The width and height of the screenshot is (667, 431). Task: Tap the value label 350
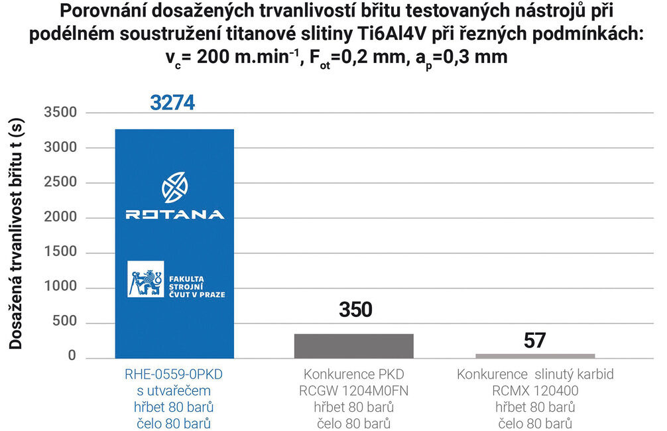pyautogui.click(x=355, y=310)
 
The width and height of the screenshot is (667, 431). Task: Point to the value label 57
pyautogui.click(x=534, y=340)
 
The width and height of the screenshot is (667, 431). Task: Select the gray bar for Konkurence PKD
pyautogui.click(x=354, y=345)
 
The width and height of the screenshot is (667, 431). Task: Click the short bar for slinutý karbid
pyautogui.click(x=535, y=355)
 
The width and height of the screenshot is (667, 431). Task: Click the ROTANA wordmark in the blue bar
pyautogui.click(x=175, y=214)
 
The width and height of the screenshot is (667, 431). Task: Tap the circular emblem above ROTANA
pyautogui.click(x=175, y=187)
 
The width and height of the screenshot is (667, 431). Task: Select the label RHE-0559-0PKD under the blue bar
pyautogui.click(x=174, y=375)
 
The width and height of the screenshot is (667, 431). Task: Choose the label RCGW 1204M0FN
pyautogui.click(x=353, y=391)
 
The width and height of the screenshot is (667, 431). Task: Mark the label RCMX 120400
pyautogui.click(x=534, y=391)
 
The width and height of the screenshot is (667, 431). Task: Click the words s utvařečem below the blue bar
pyautogui.click(x=174, y=391)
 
